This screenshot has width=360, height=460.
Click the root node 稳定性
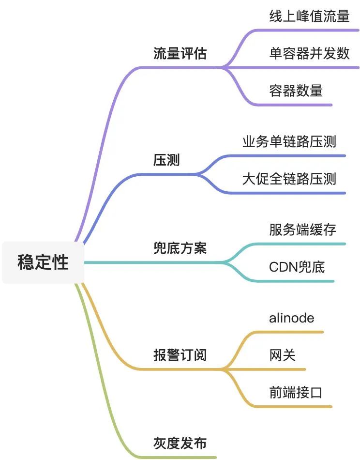[x=43, y=262]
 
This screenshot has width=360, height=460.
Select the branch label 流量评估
[x=180, y=53]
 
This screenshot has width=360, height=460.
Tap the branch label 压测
[x=166, y=160]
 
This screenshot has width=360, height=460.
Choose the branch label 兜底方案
[x=180, y=248]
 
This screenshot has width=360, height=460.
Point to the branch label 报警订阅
[x=180, y=355]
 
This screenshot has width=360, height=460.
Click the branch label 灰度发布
[x=180, y=443]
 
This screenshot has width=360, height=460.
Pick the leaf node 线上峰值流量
[x=309, y=16]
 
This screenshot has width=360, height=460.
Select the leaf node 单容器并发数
[x=309, y=53]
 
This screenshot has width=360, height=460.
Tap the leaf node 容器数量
[x=296, y=91]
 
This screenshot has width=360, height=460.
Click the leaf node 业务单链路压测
[x=289, y=142]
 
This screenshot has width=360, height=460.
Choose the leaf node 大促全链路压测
[x=289, y=179]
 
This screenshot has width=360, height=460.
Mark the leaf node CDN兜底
[x=297, y=266]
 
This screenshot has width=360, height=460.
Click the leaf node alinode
[x=291, y=318]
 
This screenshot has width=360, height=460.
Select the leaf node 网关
[x=282, y=355]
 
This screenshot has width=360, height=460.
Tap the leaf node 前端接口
[x=296, y=392]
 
